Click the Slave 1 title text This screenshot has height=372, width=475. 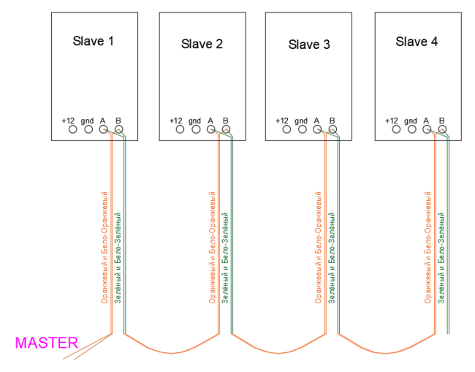(93, 41)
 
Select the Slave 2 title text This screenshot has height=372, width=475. (202, 44)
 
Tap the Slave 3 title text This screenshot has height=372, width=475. (309, 45)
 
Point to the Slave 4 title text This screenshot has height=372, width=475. (417, 42)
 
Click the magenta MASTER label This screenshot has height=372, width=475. (47, 342)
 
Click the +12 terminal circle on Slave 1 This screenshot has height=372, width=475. (72, 129)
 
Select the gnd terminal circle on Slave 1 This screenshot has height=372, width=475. (88, 129)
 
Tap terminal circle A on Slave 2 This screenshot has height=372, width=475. (210, 129)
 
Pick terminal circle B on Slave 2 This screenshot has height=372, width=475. (226, 129)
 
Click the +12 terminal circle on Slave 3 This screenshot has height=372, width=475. (286, 129)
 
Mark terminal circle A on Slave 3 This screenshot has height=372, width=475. (317, 129)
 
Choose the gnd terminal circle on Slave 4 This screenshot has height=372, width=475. (411, 129)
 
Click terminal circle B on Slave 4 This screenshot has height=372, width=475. (442, 129)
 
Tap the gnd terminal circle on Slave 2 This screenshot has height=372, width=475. (195, 129)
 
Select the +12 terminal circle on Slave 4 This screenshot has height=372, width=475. (395, 129)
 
